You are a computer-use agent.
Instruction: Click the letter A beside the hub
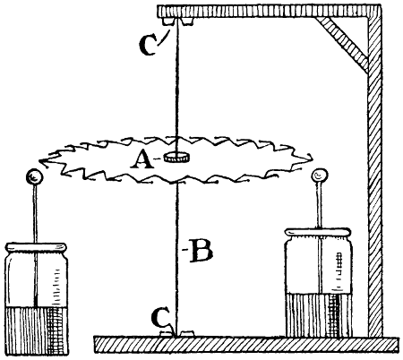pos(142,159)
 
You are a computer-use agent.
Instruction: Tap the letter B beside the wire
pos(201,250)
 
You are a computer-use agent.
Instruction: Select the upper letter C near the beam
pos(148,45)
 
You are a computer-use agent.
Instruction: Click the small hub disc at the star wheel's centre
pos(178,157)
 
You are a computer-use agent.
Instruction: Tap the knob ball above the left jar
pos(34,177)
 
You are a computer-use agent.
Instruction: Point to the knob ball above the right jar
pos(320,176)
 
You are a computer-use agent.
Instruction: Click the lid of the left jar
pos(37,247)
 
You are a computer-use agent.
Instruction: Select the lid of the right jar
pos(318,232)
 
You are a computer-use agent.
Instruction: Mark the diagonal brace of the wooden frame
pos(343,44)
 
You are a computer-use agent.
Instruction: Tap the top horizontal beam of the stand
pos(269,11)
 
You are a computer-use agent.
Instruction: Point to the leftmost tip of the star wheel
pos(39,161)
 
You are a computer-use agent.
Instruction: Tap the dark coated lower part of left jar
pos(37,330)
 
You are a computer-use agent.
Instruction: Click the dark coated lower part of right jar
pos(318,314)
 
